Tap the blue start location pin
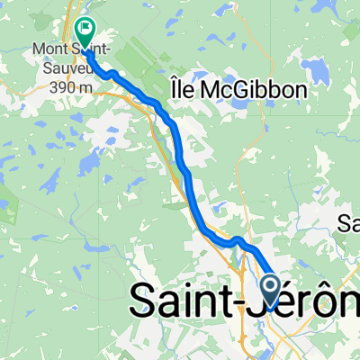pyautogui.click(x=271, y=290)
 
